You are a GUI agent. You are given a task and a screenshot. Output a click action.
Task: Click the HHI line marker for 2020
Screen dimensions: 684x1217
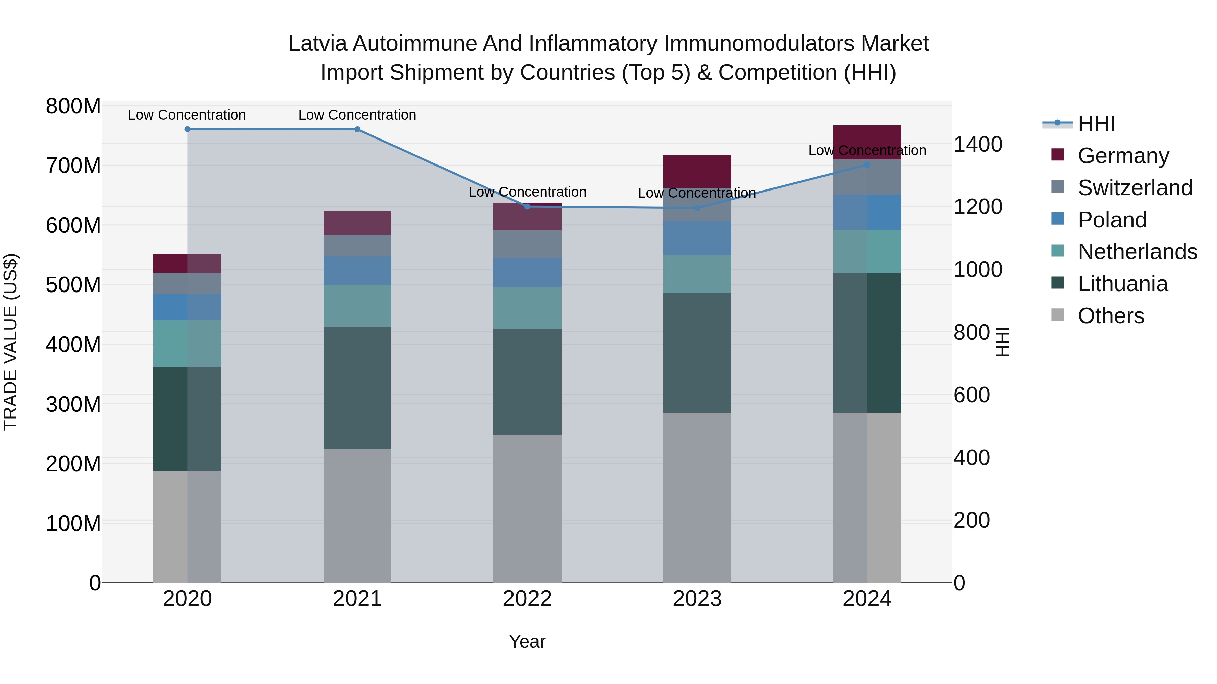click(x=188, y=129)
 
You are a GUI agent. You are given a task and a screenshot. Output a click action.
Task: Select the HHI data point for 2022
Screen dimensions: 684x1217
click(x=527, y=206)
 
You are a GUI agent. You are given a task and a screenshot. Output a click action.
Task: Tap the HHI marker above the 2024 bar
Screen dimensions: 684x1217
click(x=867, y=165)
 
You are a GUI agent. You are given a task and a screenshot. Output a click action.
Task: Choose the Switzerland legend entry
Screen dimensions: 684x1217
click(x=1135, y=188)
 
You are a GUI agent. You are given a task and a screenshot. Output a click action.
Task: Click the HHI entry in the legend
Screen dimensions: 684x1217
click(x=1096, y=124)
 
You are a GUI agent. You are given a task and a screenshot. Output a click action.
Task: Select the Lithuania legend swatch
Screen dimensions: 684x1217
click(x=1058, y=283)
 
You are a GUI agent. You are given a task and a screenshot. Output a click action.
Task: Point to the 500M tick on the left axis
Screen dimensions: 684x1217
click(x=73, y=285)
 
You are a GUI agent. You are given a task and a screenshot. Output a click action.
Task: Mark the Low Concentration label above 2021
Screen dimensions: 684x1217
click(x=357, y=115)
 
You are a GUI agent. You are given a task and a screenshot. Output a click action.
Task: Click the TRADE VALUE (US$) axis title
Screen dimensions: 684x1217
click(x=10, y=342)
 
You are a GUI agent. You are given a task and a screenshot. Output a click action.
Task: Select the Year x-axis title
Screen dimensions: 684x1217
click(x=527, y=641)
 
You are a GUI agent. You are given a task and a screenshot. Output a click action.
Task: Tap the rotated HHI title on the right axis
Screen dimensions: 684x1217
click(x=1002, y=342)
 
